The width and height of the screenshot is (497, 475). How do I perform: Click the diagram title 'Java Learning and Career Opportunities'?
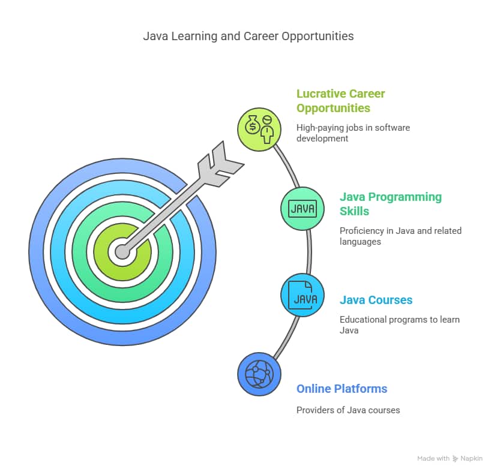(x=248, y=36)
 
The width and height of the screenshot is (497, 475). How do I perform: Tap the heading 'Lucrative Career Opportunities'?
(x=340, y=101)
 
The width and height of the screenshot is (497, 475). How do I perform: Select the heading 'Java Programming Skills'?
(x=391, y=204)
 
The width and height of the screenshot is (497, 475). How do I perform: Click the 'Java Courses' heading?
(x=376, y=300)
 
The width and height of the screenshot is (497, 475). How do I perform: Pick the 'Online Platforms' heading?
(x=342, y=389)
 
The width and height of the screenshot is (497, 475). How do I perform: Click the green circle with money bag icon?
(x=259, y=129)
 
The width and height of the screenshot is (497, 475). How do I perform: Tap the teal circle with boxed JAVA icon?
(x=303, y=209)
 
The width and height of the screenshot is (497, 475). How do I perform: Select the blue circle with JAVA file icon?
(x=303, y=295)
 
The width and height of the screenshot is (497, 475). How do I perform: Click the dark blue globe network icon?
(x=259, y=374)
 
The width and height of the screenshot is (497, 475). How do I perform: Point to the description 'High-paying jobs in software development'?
(x=353, y=133)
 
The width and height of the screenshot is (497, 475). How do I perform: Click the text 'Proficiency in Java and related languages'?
(x=400, y=236)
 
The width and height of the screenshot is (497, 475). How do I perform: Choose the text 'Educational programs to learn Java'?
(x=399, y=325)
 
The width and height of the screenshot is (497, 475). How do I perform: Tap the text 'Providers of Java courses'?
(x=348, y=410)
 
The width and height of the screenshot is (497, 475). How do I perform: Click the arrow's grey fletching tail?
(x=221, y=164)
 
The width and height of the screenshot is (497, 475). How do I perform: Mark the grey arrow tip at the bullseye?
(x=122, y=252)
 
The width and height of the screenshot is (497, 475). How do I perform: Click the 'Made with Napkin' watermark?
(x=450, y=458)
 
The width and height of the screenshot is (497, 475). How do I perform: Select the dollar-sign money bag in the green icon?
(x=253, y=125)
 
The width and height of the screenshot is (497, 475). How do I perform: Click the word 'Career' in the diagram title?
(x=261, y=36)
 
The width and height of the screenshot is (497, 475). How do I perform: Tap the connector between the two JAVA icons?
(x=309, y=252)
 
